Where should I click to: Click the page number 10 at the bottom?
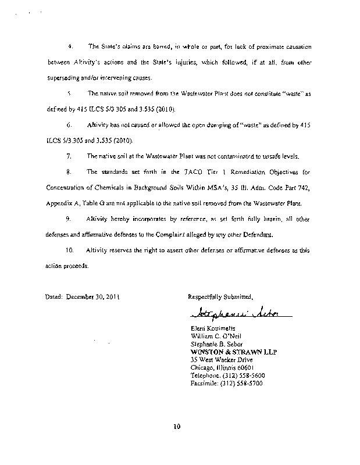point(177,428)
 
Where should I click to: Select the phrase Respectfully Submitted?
point(220,296)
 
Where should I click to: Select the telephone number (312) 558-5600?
point(240,375)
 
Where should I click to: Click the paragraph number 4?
point(70,45)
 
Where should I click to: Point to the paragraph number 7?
point(69,156)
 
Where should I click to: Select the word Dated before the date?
point(54,296)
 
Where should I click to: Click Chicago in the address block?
point(203,367)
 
